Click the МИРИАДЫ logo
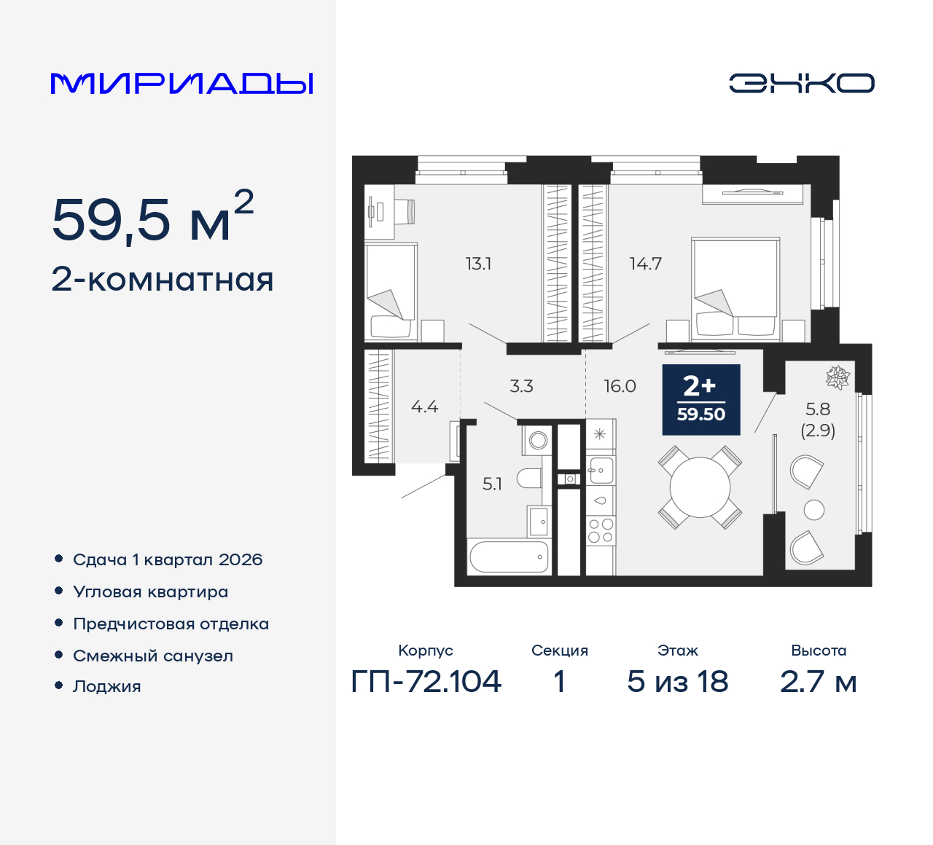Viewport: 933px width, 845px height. tap(181, 84)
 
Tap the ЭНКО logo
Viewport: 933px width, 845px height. tap(801, 83)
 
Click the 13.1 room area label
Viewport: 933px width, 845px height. tap(479, 264)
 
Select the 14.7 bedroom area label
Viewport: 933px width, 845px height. tap(646, 264)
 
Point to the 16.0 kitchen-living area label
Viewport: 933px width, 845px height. tap(620, 386)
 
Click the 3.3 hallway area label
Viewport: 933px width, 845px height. tap(521, 386)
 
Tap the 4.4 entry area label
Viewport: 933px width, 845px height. tap(425, 407)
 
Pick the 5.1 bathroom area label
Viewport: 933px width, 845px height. tap(492, 484)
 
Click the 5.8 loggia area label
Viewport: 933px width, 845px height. tap(818, 409)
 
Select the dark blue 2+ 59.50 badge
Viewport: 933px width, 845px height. tap(701, 400)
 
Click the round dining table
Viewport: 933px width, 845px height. tap(700, 487)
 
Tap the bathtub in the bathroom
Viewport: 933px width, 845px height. tap(509, 557)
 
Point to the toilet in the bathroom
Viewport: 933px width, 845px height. tap(530, 478)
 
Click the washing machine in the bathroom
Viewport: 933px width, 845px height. tap(536, 440)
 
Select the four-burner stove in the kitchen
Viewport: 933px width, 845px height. tap(601, 530)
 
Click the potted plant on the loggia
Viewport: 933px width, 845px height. tap(838, 377)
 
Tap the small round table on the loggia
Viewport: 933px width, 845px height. tap(814, 510)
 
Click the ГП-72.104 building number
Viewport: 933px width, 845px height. tap(426, 682)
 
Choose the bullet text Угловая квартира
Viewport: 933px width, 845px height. tap(151, 592)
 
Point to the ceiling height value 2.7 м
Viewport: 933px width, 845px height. tap(818, 682)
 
